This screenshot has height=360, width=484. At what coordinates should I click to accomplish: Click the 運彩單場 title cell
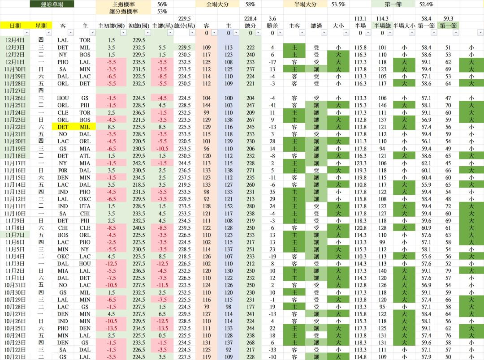52,4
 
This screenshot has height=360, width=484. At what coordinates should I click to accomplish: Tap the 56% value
162,4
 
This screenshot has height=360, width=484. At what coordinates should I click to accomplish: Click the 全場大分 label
217,4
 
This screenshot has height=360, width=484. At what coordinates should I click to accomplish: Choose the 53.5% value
338,4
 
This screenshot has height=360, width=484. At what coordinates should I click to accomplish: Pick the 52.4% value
426,4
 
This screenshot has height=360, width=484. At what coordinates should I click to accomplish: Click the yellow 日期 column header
15,26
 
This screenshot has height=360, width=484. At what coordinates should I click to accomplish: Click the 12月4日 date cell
15,40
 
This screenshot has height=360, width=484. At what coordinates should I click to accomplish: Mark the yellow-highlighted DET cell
63,127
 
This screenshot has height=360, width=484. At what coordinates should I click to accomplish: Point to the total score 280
250,206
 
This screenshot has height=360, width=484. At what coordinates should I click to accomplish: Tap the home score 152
229,206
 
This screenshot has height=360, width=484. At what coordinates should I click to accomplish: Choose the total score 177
250,307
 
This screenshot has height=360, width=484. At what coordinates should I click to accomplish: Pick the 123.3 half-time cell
360,163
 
